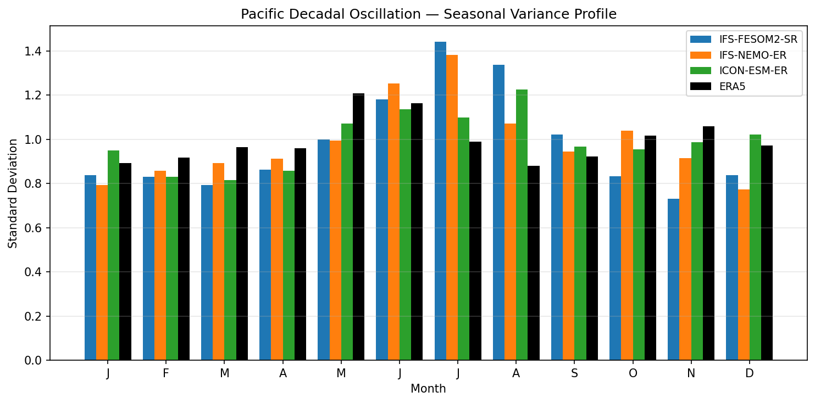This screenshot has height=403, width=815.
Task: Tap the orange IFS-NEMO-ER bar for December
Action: (x=744, y=275)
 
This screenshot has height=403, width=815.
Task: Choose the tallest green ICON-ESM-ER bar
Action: (x=522, y=225)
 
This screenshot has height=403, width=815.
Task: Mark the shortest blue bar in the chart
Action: (x=673, y=279)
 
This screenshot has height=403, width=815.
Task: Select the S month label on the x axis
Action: (x=574, y=373)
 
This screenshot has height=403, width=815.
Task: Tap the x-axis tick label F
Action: (x=166, y=373)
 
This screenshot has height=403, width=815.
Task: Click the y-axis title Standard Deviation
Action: (x=13, y=193)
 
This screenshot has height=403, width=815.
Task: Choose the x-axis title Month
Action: (x=428, y=389)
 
